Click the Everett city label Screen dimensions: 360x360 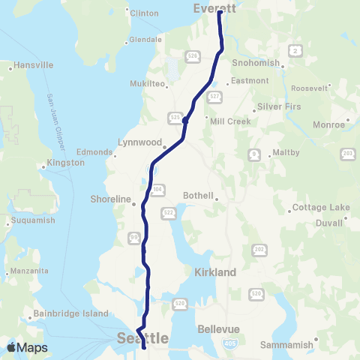point(215,8)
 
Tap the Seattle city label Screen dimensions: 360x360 point(142,340)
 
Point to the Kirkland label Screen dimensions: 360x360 point(215,272)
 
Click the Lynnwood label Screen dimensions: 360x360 point(140,141)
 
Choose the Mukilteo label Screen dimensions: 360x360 point(148,84)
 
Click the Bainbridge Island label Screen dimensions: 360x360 point(67,313)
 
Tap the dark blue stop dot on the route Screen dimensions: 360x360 point(184,118)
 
